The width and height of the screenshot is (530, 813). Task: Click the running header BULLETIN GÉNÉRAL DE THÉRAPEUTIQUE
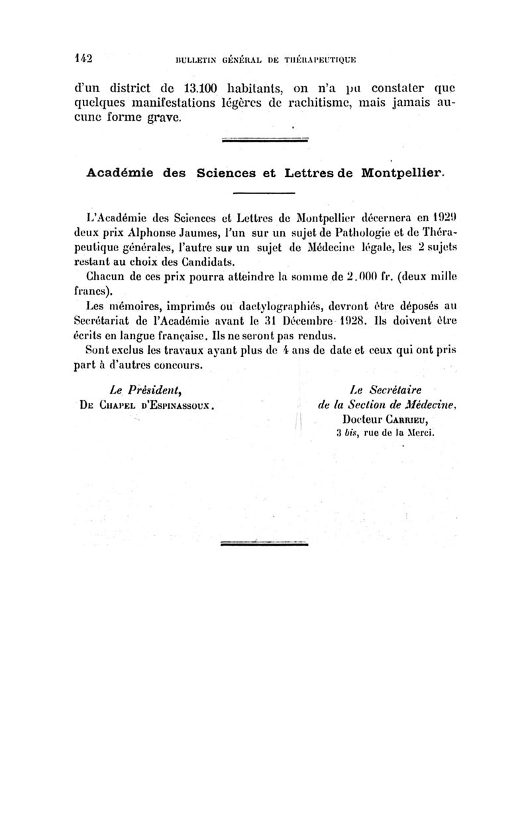pos(265,60)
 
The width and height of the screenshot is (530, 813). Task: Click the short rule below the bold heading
pos(264,193)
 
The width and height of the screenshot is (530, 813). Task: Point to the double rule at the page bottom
pos(264,543)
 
